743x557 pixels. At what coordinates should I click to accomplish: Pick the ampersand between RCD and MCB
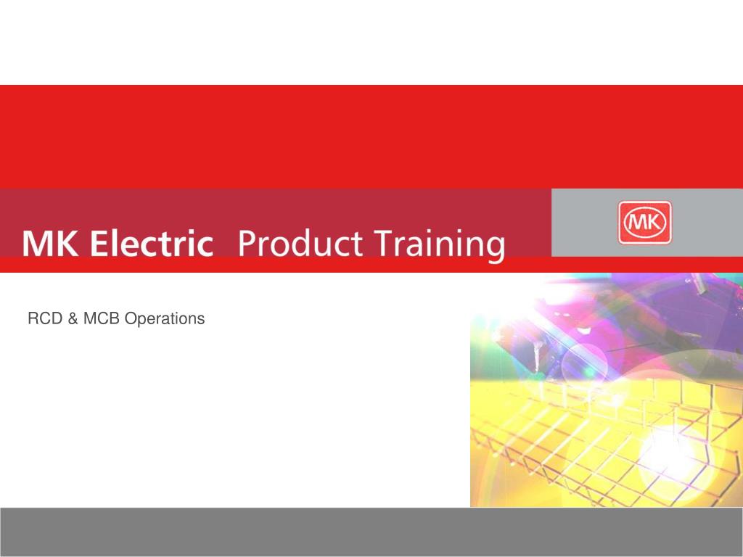(x=70, y=318)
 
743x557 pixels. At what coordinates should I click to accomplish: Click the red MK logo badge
(x=645, y=223)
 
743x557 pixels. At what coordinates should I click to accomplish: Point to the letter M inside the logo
(x=637, y=222)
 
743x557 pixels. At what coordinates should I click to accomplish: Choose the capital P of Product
(x=247, y=244)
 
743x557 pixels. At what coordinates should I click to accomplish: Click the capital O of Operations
(x=131, y=318)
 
